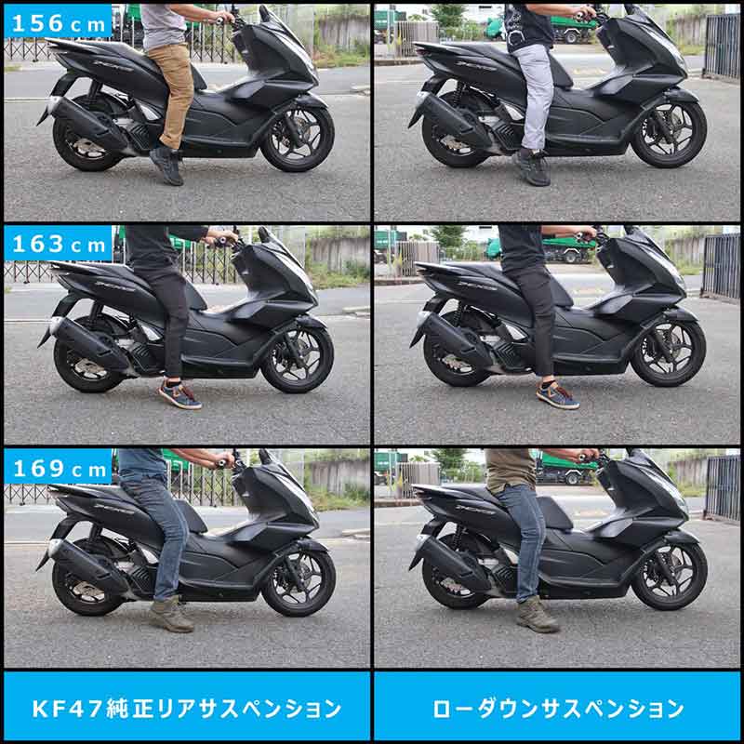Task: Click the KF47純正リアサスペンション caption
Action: click(x=186, y=709)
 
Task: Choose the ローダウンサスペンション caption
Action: click(x=558, y=709)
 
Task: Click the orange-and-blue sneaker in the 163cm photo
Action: click(x=179, y=394)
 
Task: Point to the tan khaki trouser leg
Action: click(x=173, y=93)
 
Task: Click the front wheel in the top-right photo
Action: click(x=669, y=136)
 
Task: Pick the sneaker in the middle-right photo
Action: click(x=556, y=394)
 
